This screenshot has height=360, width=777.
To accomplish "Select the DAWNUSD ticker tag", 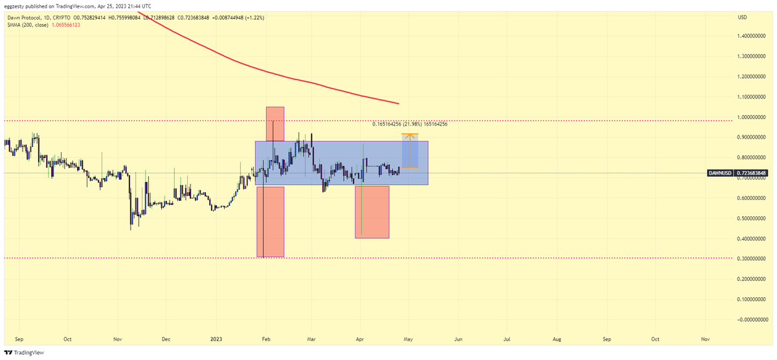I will point(721,173).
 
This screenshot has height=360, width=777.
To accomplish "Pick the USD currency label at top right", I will point(742,17).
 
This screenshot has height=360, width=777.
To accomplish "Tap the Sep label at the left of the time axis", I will point(18,339).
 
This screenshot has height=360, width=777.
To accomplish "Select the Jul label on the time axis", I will point(507,339).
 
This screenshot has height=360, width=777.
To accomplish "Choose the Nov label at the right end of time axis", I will point(705,339).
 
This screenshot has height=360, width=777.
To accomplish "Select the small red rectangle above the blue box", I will point(275,123).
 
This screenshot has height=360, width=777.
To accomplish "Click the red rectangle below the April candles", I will point(372,212).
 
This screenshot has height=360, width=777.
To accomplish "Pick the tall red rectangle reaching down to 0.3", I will point(271,221).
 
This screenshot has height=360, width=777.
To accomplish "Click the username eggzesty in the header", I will point(16,5).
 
